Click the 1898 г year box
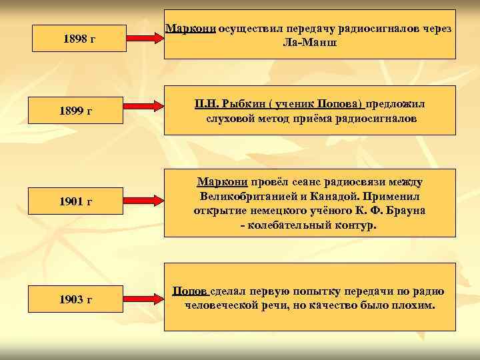tap(79, 39)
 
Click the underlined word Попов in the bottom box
tap(191, 291)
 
